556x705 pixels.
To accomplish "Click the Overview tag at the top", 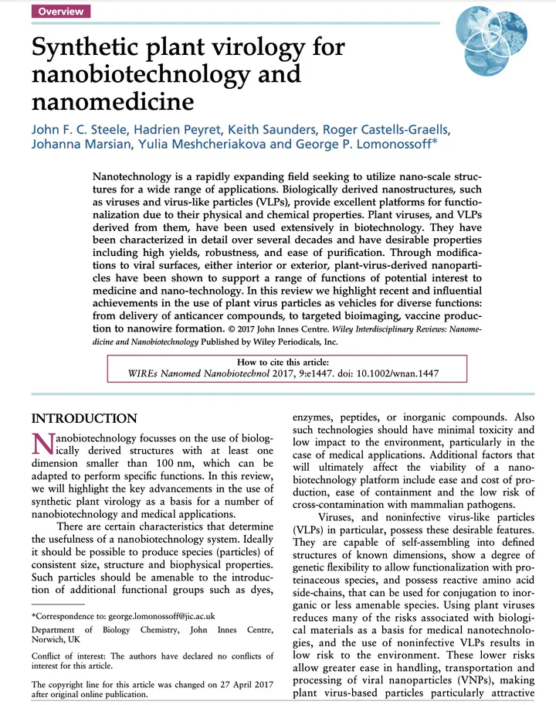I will [x=61, y=12].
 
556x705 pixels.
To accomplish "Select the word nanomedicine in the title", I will [x=112, y=100].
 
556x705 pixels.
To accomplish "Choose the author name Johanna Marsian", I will [x=81, y=145].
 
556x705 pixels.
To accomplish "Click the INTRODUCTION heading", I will [x=84, y=419].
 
